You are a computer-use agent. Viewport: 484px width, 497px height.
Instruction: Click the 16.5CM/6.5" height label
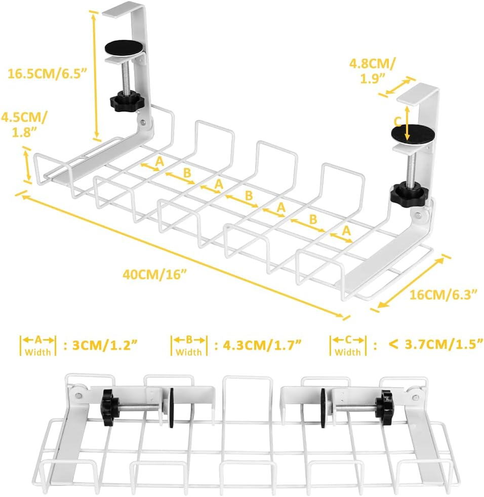[x=48, y=73]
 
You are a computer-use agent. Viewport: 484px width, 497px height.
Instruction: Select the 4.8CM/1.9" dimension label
[x=373, y=70]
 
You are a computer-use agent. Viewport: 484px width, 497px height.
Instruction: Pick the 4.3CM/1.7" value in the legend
[x=258, y=346]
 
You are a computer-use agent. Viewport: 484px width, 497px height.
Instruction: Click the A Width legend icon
[x=38, y=345]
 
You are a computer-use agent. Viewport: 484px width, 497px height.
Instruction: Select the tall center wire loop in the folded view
[x=240, y=400]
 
